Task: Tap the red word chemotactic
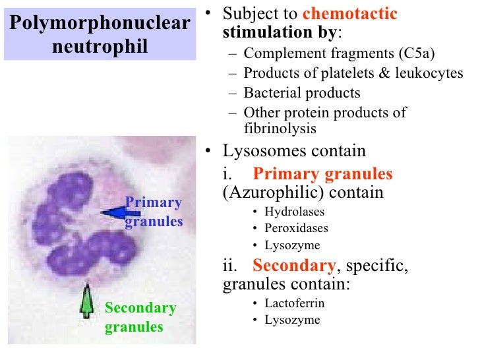click(x=359, y=14)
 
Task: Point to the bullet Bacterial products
click(x=302, y=93)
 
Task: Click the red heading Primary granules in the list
click(x=322, y=174)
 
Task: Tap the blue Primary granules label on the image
click(x=153, y=212)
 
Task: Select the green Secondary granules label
click(x=140, y=317)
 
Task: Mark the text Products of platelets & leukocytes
click(x=353, y=73)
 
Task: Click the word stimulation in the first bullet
click(x=258, y=32)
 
